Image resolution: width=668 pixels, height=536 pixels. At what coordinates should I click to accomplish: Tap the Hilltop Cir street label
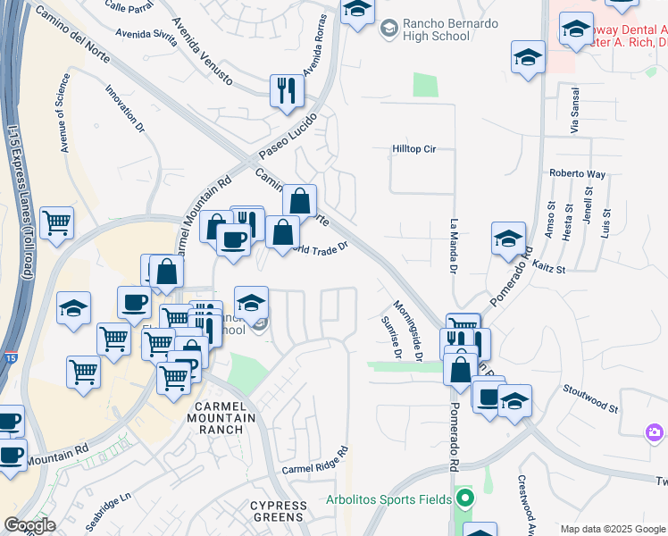point(413,149)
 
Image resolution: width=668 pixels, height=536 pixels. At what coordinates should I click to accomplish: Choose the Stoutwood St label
point(590,398)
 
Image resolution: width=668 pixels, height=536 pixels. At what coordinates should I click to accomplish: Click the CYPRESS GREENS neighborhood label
point(277,511)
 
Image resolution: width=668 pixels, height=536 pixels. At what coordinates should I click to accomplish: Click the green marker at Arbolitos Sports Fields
point(463,498)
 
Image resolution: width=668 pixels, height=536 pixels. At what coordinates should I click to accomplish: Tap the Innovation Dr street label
point(124,109)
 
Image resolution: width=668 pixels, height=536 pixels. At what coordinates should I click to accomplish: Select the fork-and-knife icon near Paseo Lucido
point(287,90)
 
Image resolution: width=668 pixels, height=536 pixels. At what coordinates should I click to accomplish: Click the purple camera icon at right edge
point(655,433)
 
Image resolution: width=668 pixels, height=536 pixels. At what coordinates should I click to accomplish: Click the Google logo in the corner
point(29,525)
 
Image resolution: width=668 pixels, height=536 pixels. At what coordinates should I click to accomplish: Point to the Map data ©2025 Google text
point(612,529)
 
